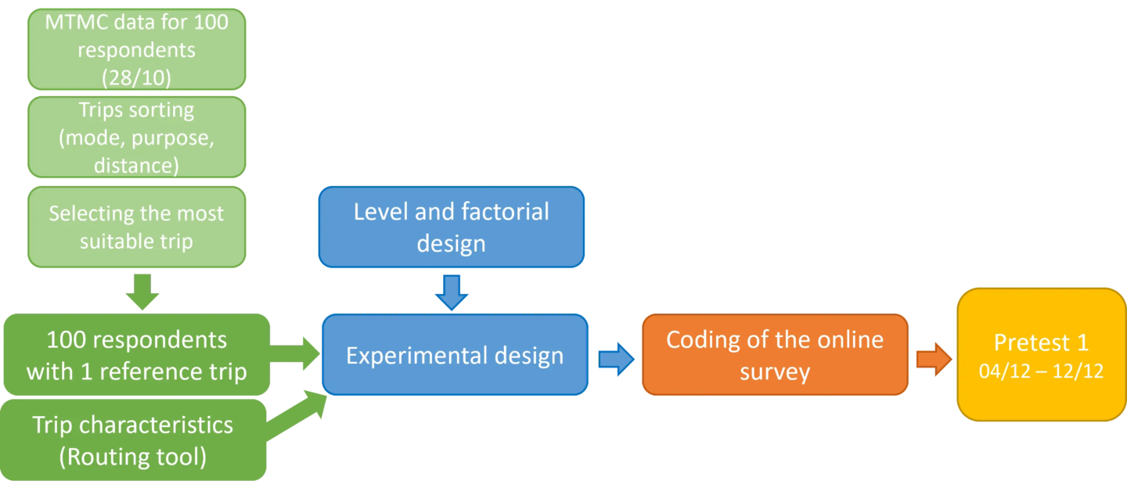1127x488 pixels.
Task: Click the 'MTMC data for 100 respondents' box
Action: [136, 48]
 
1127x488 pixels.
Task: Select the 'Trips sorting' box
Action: [136, 137]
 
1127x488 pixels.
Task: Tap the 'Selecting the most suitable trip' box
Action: [136, 227]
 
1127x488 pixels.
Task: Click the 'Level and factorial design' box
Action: [452, 227]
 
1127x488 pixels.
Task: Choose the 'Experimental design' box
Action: [454, 356]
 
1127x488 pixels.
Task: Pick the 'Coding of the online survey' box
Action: [774, 355]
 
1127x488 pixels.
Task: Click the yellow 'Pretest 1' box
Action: [1041, 355]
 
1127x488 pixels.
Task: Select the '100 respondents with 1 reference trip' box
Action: [136, 355]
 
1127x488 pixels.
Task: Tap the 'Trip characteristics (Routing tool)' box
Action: [133, 440]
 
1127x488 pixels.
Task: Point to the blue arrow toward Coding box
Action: [616, 359]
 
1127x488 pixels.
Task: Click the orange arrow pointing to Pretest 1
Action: [933, 360]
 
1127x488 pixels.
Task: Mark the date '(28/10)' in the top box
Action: [136, 77]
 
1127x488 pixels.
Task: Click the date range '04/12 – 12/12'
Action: [1041, 371]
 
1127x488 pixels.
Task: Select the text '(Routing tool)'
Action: [133, 456]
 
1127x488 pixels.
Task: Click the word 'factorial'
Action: [489, 212]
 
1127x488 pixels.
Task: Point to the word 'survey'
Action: [774, 371]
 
